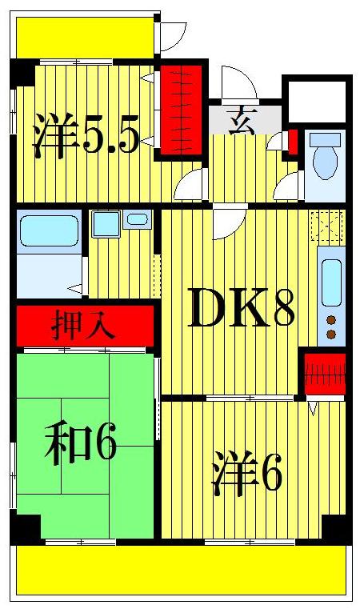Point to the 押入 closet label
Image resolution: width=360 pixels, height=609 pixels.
(83, 327)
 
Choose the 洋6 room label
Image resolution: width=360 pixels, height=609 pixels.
(247, 474)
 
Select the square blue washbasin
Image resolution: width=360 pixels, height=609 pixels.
(106, 222)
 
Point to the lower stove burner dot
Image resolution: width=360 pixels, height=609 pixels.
(330, 333)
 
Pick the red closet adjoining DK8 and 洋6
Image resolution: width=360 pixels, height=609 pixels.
(325, 374)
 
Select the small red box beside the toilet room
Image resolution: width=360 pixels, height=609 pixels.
(292, 141)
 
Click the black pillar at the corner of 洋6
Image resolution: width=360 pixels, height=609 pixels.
(336, 528)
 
